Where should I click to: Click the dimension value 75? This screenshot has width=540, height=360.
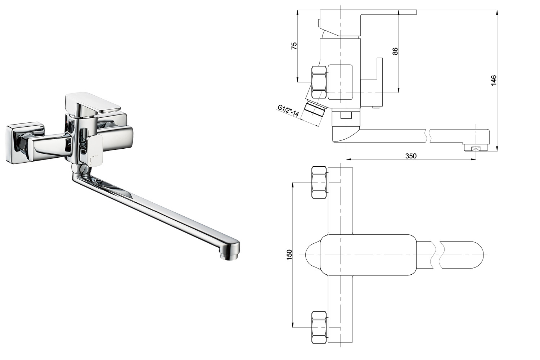tap(294, 46)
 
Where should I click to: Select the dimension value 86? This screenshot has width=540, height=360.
tap(395, 51)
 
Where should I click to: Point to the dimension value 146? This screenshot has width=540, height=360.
tap(494, 80)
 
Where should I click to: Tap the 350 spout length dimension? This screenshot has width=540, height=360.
tap(411, 156)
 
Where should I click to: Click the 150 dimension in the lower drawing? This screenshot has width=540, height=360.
tap(289, 255)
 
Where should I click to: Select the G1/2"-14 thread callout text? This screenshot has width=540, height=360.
tap(289, 111)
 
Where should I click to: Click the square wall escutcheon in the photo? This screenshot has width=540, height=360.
tap(25, 143)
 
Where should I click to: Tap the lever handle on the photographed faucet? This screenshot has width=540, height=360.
tap(93, 103)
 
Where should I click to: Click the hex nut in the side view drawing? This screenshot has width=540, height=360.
tap(319, 82)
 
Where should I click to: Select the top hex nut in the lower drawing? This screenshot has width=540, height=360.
tap(319, 183)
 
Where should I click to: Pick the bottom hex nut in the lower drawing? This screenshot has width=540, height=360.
tap(319, 328)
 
